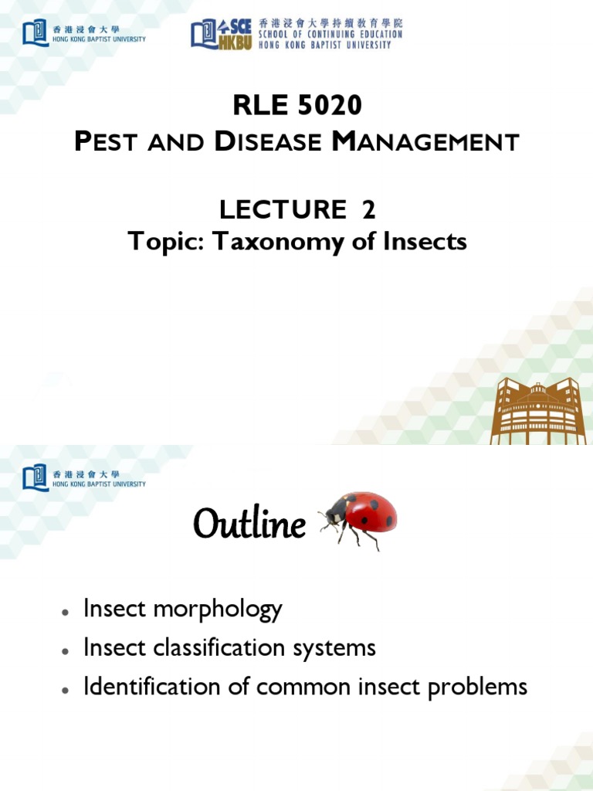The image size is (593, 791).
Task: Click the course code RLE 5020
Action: (x=297, y=104)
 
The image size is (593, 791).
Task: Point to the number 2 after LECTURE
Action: (x=368, y=209)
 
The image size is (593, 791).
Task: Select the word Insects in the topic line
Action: (x=425, y=242)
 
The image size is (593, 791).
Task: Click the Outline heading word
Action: (x=249, y=525)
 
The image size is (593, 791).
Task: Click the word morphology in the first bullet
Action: (x=218, y=609)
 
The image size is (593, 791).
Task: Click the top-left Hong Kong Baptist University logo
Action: (x=83, y=33)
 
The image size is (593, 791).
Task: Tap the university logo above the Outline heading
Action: (x=83, y=477)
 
